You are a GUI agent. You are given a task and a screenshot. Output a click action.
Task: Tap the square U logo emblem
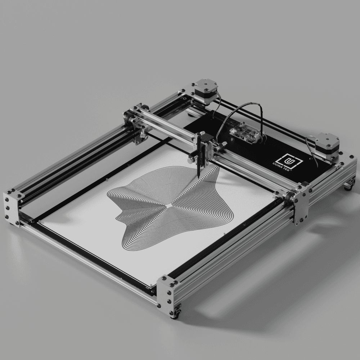[289, 161]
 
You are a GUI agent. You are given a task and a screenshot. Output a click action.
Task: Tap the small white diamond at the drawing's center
[169, 206]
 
